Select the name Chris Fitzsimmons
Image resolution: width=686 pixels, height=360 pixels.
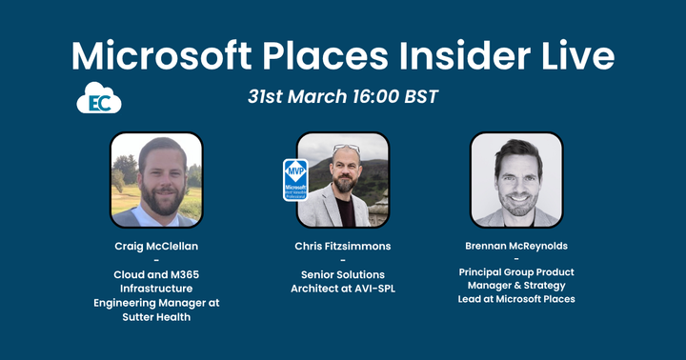click(x=342, y=246)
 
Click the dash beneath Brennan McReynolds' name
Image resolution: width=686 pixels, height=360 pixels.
click(x=515, y=259)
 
